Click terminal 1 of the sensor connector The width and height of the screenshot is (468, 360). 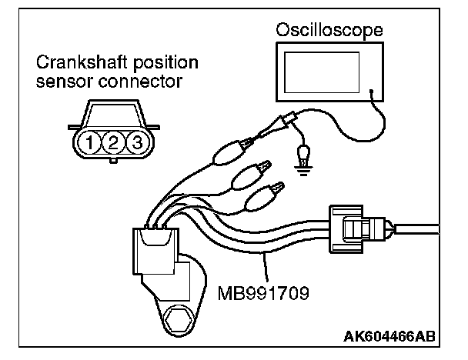(92, 142)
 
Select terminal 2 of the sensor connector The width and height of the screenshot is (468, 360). (113, 142)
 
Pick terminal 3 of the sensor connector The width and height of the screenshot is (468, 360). (135, 142)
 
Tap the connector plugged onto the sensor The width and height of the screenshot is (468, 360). (155, 244)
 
